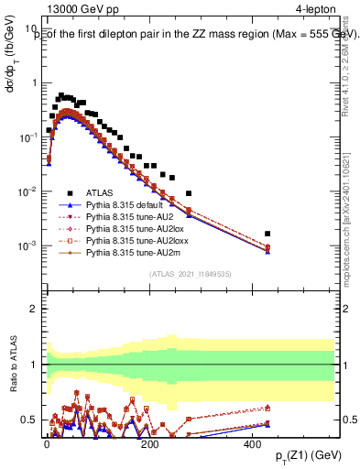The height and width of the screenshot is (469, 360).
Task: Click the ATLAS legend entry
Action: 85,217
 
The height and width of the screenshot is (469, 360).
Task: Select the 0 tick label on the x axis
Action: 48,443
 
